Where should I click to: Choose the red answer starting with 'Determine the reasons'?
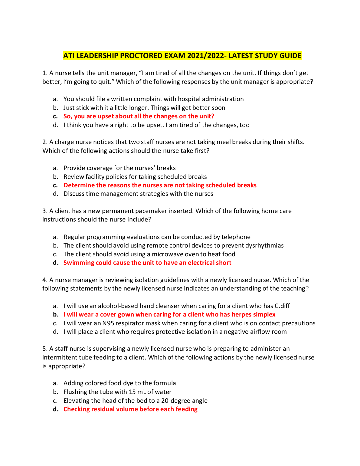tap(160, 185)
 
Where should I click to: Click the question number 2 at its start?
tap(45, 142)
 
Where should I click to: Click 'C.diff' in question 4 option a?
tap(282, 306)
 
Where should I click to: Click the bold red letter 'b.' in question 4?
tap(56, 314)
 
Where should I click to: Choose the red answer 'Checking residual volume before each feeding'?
tap(130, 409)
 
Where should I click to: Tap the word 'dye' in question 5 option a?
tap(128, 383)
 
